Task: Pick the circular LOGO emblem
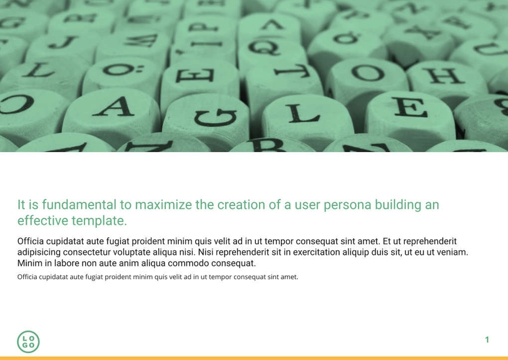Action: tap(28, 342)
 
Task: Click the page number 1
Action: tap(487, 340)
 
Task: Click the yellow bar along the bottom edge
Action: tap(254, 358)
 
